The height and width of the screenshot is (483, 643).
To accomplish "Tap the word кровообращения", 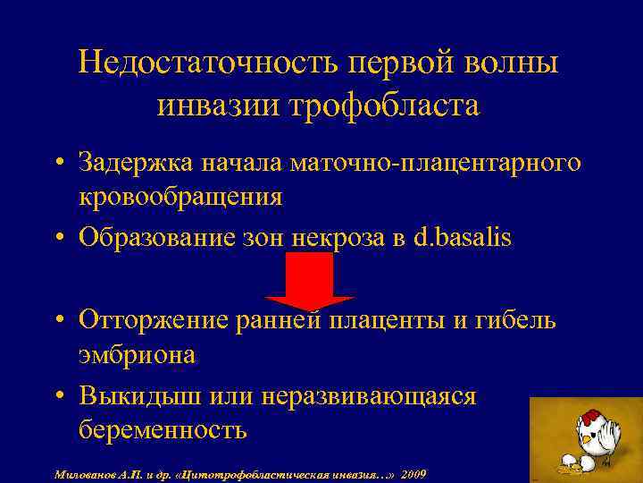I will (x=180, y=197).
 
